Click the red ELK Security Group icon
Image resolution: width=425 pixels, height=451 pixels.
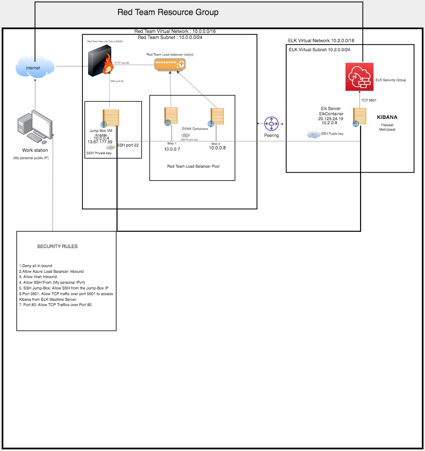point(359,77)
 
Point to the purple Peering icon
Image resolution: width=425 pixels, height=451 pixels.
point(271,123)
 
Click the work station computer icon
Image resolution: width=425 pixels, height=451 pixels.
point(35,126)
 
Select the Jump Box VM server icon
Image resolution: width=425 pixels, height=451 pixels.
point(110,118)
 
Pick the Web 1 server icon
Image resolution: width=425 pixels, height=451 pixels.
point(170,116)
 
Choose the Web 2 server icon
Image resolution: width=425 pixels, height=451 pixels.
point(217,117)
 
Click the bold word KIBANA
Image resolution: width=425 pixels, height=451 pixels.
point(387,117)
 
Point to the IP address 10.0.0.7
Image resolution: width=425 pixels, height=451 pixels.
point(172,149)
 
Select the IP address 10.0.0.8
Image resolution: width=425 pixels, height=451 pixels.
point(217,148)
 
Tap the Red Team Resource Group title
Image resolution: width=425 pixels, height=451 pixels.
point(168,12)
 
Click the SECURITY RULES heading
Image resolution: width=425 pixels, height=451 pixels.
point(57,246)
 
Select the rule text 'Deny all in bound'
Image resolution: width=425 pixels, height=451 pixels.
point(36,265)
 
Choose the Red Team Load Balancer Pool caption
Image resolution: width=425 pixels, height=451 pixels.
point(193,166)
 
